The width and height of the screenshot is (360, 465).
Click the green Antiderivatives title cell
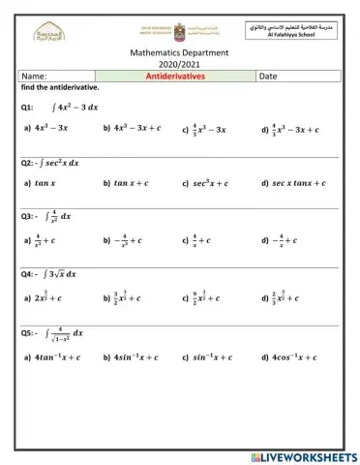[176, 75]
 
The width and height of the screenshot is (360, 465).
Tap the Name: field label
[35, 75]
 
